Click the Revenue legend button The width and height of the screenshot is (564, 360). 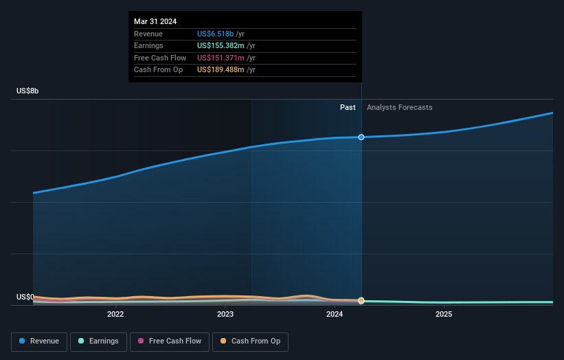coord(40,341)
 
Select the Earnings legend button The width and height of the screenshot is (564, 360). coord(98,341)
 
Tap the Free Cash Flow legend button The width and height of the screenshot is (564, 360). coord(170,341)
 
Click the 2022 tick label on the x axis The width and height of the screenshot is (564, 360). coord(115,315)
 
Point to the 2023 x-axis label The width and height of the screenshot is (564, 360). coord(225,315)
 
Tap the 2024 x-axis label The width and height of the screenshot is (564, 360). coord(335,315)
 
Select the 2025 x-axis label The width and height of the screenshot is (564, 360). coord(444,315)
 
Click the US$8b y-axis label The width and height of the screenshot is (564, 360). coord(28,91)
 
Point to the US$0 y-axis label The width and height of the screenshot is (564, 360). coord(26,297)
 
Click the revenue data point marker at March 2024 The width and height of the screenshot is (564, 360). coord(361,137)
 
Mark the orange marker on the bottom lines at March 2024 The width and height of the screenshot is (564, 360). coord(361,300)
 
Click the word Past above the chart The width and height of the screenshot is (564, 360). coord(348,107)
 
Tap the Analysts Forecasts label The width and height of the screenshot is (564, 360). coord(400,107)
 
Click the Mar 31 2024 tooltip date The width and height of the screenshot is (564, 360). coord(155,21)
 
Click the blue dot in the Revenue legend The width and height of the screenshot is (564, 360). coord(22,341)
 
